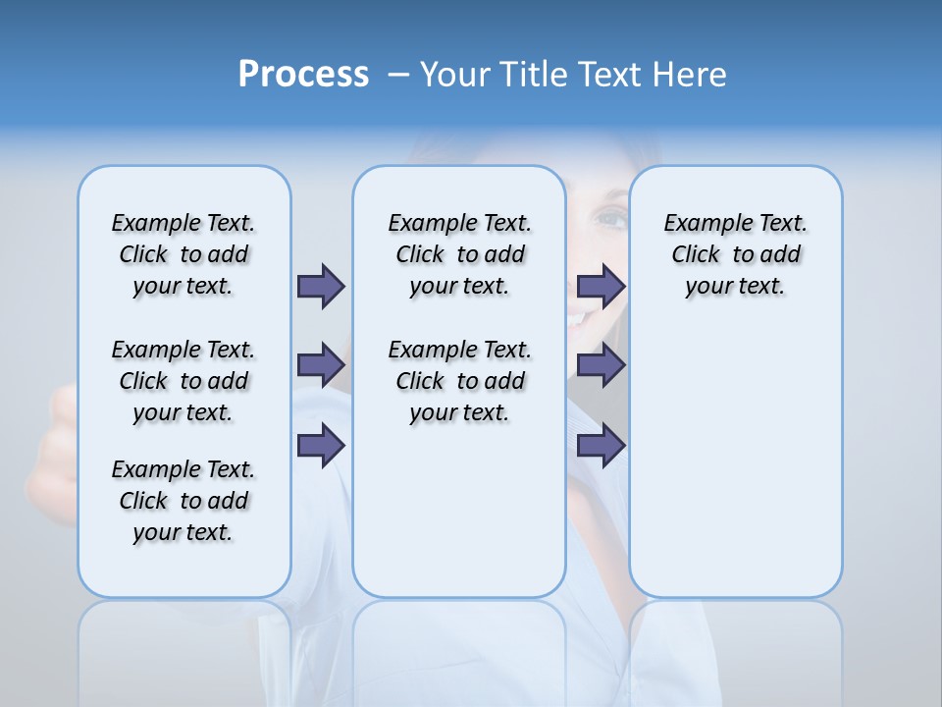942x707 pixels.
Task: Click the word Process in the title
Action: pos(303,74)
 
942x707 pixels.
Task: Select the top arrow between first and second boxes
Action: pos(320,286)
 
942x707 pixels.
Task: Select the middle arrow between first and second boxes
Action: pos(320,365)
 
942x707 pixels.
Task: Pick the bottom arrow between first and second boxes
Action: pos(320,445)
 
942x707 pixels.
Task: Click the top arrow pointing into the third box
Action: pos(601,286)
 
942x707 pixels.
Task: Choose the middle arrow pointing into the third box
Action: pos(601,365)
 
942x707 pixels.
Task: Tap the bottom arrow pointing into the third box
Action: pos(601,445)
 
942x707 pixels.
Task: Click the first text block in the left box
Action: pos(183,254)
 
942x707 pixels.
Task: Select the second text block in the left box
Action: pos(183,381)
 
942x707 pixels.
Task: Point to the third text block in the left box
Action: pos(183,501)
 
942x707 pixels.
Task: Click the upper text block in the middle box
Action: pos(459,254)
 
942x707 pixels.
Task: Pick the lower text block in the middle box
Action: pos(459,381)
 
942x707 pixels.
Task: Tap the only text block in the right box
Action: pos(735,254)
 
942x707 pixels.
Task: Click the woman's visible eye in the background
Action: pos(609,218)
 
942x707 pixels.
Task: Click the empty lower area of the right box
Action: pos(735,471)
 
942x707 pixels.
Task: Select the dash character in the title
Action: pos(398,76)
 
